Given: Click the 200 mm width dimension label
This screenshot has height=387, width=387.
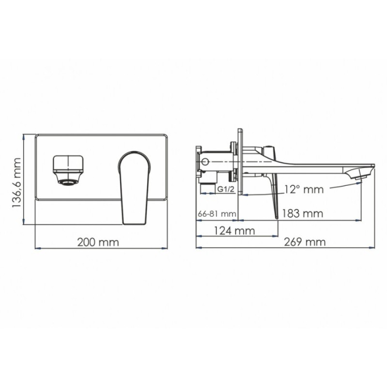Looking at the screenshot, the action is [98, 242].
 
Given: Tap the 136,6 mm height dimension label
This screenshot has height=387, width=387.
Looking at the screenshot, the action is [17, 183].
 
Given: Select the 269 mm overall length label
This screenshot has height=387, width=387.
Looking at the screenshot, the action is [305, 242].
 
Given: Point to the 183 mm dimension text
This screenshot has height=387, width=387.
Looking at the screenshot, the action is [302, 213].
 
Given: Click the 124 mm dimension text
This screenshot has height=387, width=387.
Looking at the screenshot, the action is [234, 231].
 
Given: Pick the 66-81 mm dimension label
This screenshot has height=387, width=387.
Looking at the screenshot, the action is [217, 214].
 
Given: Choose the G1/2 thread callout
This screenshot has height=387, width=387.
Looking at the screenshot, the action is [225, 190].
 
